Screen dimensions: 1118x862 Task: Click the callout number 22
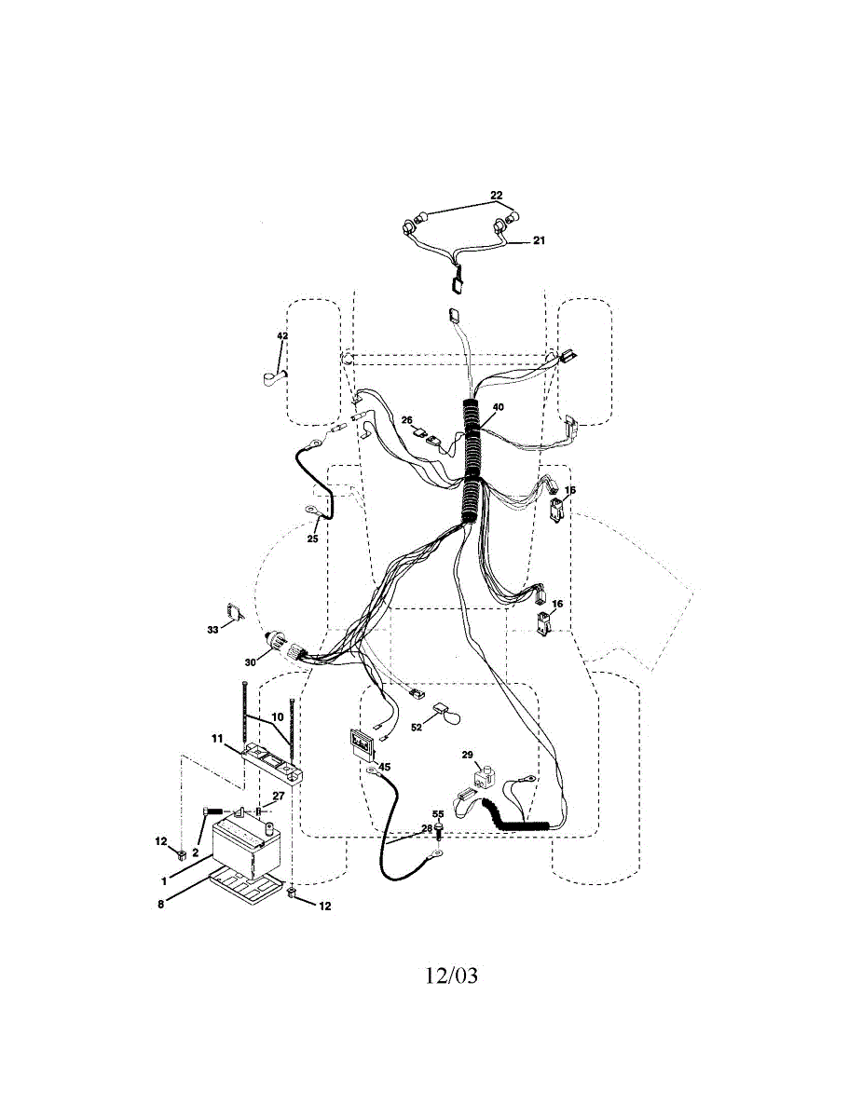[x=497, y=196]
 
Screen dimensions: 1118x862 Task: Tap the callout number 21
[x=539, y=240]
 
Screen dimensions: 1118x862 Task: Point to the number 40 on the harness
[x=499, y=407]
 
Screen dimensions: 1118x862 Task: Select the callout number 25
[x=313, y=538]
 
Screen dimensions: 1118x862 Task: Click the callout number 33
[x=212, y=631]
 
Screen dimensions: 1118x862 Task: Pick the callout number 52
[x=417, y=727]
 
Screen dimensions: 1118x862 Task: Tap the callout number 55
[x=438, y=814]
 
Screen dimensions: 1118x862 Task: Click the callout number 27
[x=278, y=797]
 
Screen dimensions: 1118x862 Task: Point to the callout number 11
[x=216, y=739]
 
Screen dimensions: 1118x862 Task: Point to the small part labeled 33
[x=237, y=612]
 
